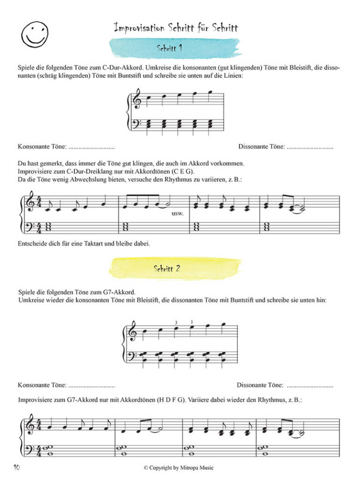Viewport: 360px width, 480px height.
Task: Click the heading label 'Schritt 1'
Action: click(170, 48)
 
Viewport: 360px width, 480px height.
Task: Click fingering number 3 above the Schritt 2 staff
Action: click(176, 322)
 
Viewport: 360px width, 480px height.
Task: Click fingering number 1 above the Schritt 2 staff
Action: click(191, 322)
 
